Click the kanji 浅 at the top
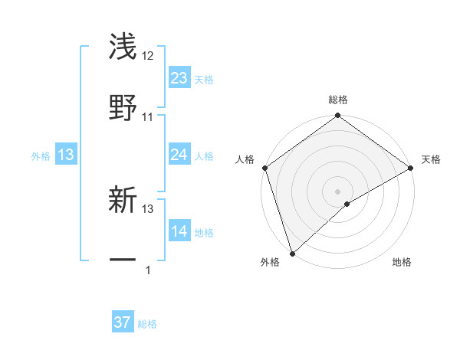click(x=123, y=47)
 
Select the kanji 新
click(x=123, y=201)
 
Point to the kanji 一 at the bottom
click(x=123, y=260)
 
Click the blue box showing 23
click(x=179, y=78)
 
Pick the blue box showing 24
click(x=179, y=155)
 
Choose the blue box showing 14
click(x=179, y=231)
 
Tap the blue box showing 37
click(x=123, y=322)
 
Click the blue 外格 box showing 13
click(x=66, y=155)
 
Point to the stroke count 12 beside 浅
click(x=148, y=56)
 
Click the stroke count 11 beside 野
click(x=148, y=117)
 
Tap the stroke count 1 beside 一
click(x=148, y=270)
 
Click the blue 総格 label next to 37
click(x=147, y=324)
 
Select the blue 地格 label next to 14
click(x=204, y=233)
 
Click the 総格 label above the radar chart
click(x=338, y=100)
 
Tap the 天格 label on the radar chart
click(x=431, y=159)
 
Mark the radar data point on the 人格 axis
click(x=264, y=168)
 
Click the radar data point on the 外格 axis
click(x=292, y=253)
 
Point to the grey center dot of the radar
click(x=337, y=191)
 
